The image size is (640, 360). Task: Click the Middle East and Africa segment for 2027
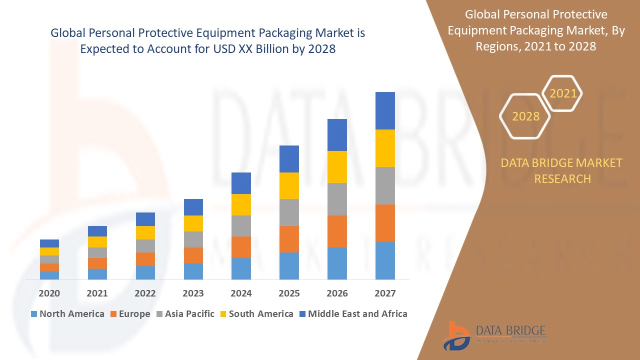pos(385,110)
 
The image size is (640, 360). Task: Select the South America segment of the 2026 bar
pos(337,166)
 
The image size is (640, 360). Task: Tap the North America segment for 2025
pos(289,265)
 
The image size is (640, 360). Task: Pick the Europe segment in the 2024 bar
pos(241,247)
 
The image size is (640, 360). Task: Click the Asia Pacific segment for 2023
pos(193,239)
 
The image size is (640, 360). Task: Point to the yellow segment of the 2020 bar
pos(49,251)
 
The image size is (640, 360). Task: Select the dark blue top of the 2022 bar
pos(145,219)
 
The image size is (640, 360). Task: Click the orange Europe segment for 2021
pos(97,263)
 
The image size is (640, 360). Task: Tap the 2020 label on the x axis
pos(49,293)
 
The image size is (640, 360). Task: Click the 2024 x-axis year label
pos(241,293)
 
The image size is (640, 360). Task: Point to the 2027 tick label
pos(385,293)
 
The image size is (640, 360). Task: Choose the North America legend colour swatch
pos(34,314)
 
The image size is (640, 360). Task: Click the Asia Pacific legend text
pos(189,314)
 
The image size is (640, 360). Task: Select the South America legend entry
pos(261,314)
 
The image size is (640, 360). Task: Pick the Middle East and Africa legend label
pos(357,314)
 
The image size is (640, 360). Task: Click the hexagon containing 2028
pos(525,116)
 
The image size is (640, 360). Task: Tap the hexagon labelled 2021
pos(563,93)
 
